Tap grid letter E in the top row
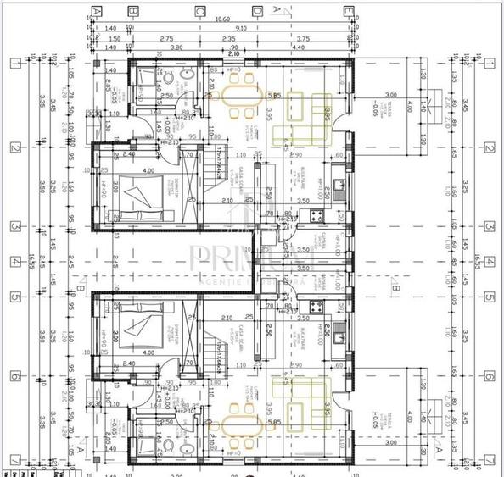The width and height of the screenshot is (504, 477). click(349, 11)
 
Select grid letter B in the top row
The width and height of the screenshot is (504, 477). click(132, 11)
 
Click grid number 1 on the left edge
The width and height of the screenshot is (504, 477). click(14, 63)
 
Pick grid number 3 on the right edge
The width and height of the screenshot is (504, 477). click(489, 227)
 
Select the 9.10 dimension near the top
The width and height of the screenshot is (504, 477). click(241, 28)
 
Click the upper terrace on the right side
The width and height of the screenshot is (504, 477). click(390, 105)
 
